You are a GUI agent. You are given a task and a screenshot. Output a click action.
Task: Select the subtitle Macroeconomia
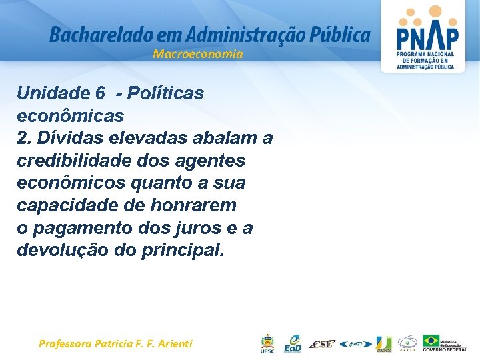point(198,54)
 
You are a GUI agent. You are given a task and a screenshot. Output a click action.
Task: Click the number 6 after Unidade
point(100,93)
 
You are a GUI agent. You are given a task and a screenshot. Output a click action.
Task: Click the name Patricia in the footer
point(118,344)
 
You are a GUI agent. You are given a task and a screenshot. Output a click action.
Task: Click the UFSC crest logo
point(267,343)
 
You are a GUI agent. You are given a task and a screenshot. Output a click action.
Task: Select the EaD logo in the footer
point(293,343)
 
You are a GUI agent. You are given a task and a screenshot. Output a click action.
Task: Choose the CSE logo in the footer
point(322,343)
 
